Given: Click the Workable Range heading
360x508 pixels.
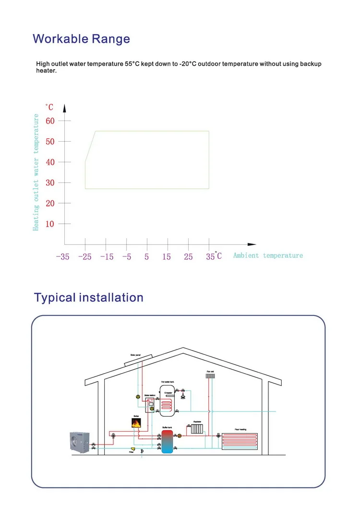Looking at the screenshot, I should [x=81, y=38].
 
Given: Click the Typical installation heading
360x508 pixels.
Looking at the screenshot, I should [x=88, y=297].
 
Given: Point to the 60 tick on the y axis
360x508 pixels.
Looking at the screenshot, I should [x=50, y=121].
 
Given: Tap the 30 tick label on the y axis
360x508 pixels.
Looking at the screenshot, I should [x=50, y=183].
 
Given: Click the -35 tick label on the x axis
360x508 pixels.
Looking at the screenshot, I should [x=62, y=257].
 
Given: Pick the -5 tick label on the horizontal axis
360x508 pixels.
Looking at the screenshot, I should [x=126, y=257].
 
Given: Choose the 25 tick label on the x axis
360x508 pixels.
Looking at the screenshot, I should [x=188, y=257].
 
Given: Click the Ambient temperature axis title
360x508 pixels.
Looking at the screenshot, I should [x=268, y=255].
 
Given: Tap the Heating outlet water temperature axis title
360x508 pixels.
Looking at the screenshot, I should [x=36, y=172].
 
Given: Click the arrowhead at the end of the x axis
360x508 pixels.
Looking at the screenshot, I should [x=252, y=244].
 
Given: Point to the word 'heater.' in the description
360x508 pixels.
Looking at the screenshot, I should [x=46, y=71].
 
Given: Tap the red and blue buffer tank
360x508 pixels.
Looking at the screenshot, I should [x=167, y=442].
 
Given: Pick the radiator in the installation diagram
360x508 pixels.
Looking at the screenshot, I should [x=197, y=428].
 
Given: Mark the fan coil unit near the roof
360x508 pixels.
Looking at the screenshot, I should [x=210, y=376].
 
